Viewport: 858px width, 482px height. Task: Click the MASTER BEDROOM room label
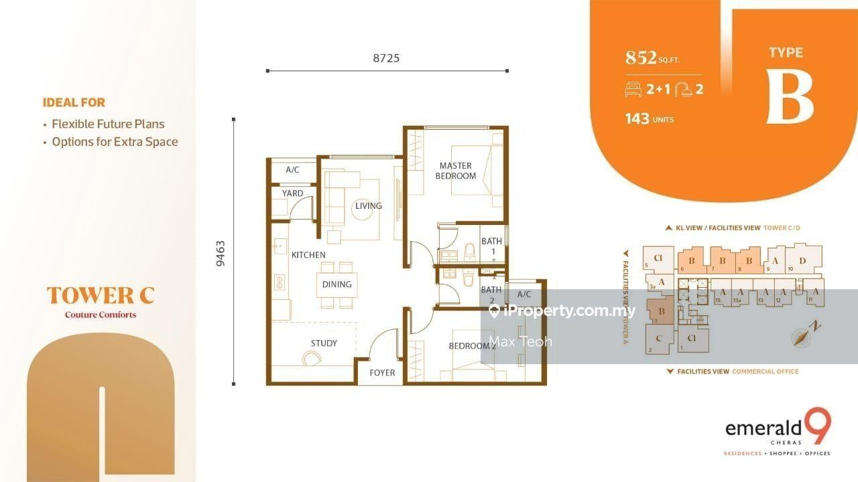tap(456, 171)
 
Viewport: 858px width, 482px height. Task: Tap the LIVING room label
tap(369, 206)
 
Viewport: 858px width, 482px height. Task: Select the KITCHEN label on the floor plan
tap(308, 254)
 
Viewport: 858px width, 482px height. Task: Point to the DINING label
tap(336, 284)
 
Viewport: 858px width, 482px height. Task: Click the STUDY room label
tap(324, 343)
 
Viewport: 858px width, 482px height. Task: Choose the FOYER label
tap(382, 372)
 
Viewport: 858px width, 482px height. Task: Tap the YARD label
tap(292, 193)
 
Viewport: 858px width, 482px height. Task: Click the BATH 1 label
tap(491, 246)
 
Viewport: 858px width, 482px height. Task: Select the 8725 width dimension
tap(386, 58)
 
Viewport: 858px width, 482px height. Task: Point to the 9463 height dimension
tap(221, 253)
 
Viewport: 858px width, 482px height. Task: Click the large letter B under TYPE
tap(790, 98)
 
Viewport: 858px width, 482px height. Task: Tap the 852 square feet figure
tap(641, 58)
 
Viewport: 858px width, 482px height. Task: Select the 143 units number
tap(637, 118)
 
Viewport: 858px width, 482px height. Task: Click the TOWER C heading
tap(101, 295)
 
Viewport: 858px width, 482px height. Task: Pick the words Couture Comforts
tap(101, 315)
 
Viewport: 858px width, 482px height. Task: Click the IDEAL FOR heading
tap(74, 102)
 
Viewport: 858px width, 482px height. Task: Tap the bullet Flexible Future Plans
tap(108, 124)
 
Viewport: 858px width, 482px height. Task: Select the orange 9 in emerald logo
tap(820, 426)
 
